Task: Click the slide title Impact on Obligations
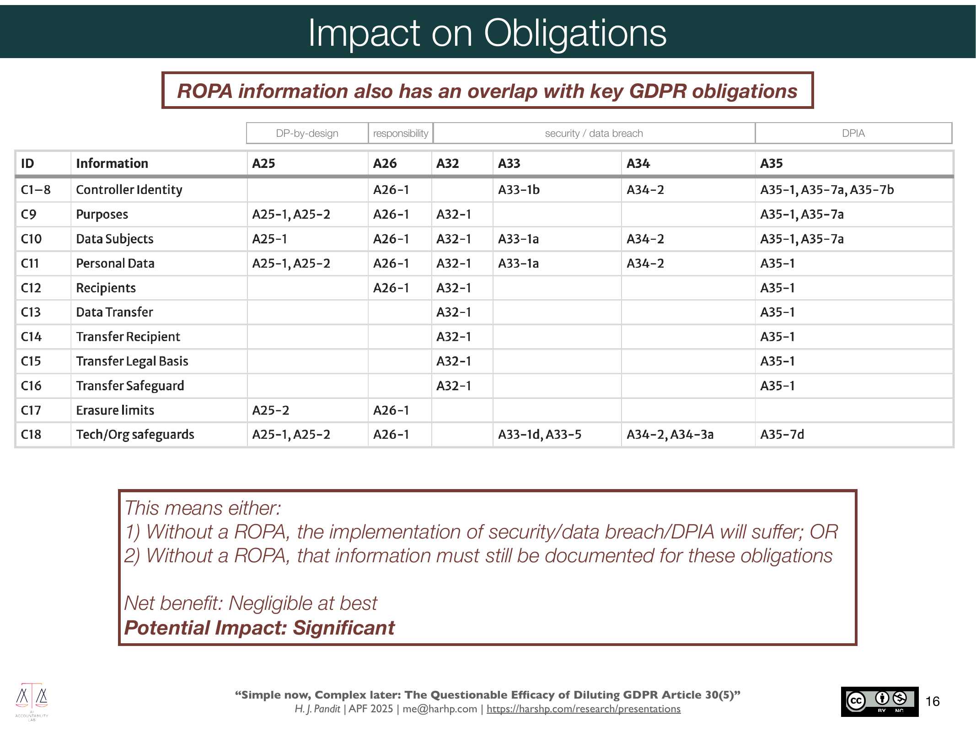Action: point(487,33)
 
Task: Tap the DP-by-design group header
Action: point(307,133)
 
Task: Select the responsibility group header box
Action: point(401,133)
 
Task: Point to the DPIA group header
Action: point(853,133)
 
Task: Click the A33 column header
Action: point(509,163)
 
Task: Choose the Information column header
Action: point(112,163)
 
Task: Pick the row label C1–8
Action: point(36,189)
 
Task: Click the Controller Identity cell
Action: point(129,189)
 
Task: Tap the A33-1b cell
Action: point(519,189)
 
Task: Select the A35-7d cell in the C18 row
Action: point(782,434)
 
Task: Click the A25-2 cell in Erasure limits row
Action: point(271,410)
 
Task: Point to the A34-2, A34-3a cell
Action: point(670,434)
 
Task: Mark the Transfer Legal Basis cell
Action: point(132,361)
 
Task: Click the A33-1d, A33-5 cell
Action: point(540,434)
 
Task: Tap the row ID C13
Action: point(31,312)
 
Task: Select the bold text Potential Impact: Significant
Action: point(259,628)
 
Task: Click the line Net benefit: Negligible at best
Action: point(251,603)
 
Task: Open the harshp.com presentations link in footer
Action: point(583,709)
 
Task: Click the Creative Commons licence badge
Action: point(879,701)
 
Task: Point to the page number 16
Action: point(933,701)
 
